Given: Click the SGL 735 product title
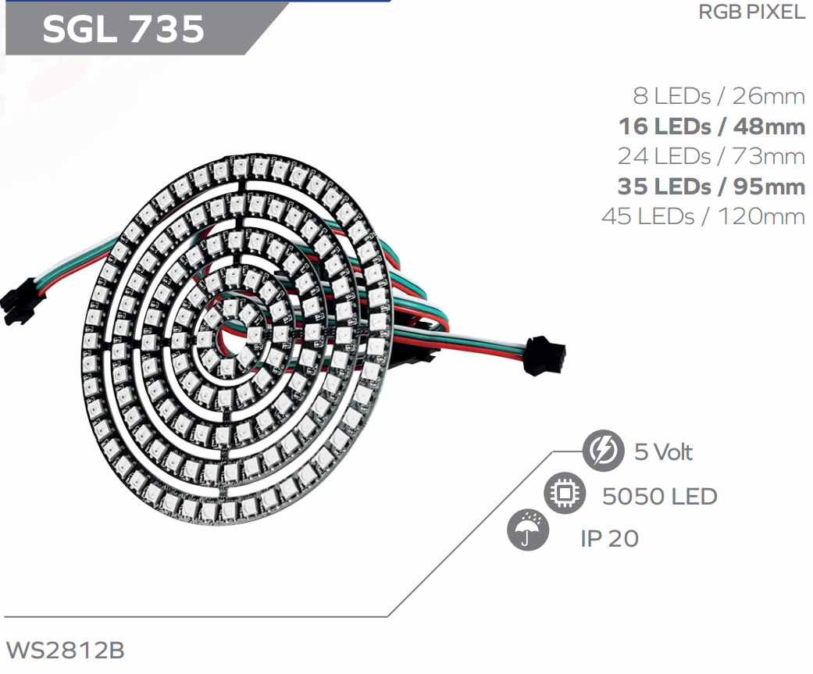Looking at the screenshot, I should [x=123, y=29].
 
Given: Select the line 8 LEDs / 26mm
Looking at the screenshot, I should [x=719, y=96].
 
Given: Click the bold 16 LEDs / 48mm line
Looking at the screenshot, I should [x=711, y=126].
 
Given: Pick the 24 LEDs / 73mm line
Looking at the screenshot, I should [x=711, y=156].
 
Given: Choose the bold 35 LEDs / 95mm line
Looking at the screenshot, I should [x=711, y=187].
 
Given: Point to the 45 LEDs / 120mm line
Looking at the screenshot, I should [x=703, y=216].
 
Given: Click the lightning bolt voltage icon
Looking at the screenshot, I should [x=603, y=451].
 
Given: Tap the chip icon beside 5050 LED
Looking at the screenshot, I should [x=564, y=494].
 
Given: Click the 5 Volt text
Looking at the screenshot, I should [x=663, y=452].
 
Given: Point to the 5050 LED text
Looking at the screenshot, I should [x=659, y=496].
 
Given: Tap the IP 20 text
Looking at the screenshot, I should [x=609, y=538].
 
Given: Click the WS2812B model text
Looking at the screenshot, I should [x=65, y=651].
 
